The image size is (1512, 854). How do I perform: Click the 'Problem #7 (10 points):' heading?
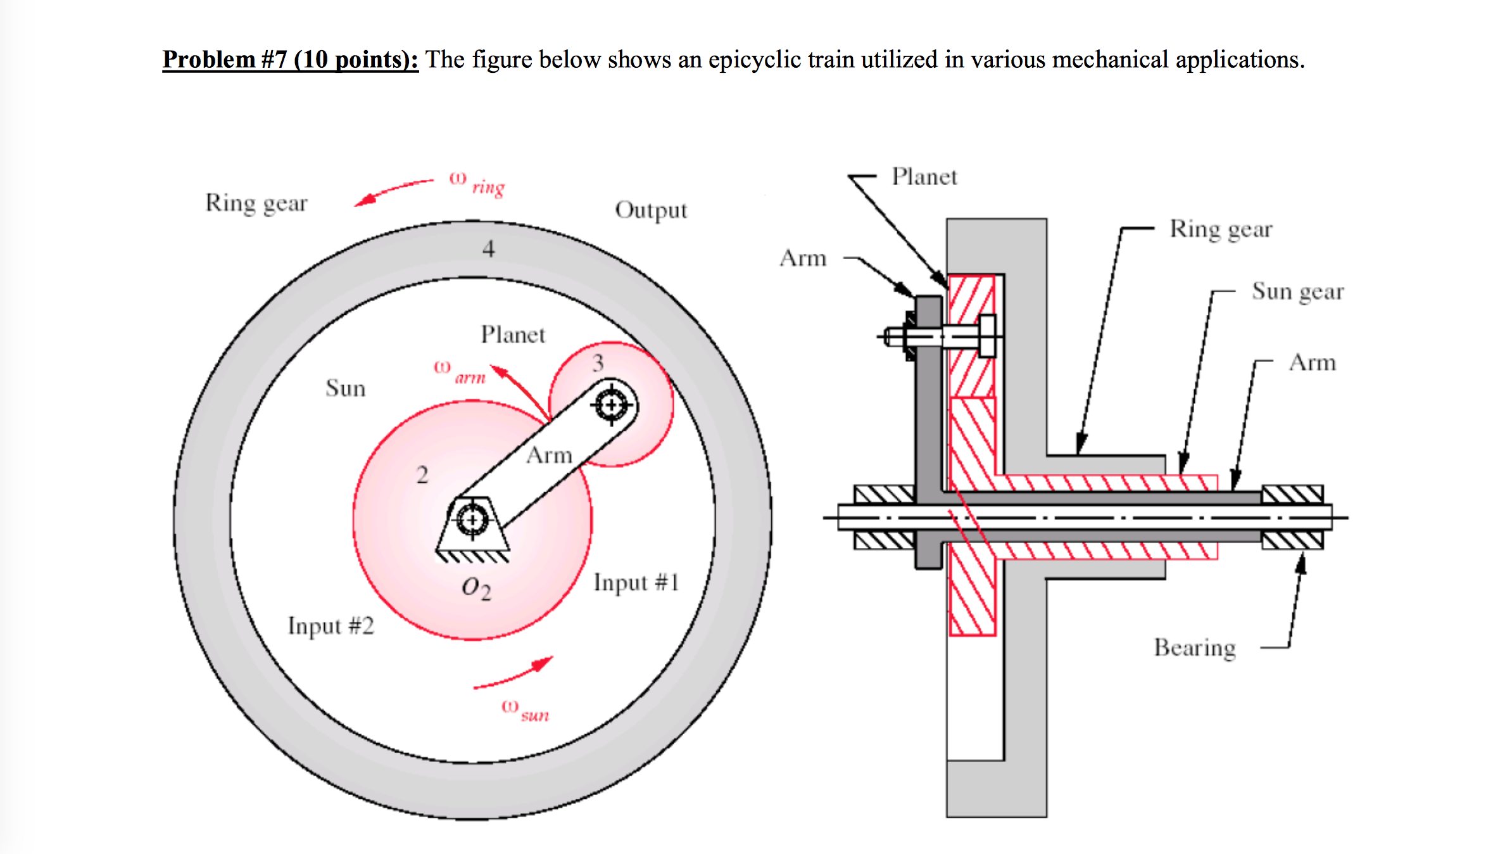(290, 60)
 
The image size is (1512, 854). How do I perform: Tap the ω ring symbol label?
(476, 184)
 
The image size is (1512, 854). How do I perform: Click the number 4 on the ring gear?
(488, 249)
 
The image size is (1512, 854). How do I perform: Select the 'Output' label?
(651, 210)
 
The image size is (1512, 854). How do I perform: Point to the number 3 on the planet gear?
(598, 363)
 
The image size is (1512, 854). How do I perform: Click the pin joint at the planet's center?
(612, 404)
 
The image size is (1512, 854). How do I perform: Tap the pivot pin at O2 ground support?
(472, 520)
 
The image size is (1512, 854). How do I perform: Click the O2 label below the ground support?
(476, 588)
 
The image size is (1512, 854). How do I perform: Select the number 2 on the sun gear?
(422, 475)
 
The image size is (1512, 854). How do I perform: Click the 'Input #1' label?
(636, 582)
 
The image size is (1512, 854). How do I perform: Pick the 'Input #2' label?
(331, 626)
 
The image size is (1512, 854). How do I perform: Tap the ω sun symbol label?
(525, 710)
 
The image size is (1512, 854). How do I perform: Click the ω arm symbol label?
(460, 372)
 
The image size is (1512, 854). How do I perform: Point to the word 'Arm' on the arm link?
(549, 455)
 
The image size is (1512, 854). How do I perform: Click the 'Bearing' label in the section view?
(1194, 647)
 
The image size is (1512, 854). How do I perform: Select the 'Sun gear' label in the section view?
(1297, 291)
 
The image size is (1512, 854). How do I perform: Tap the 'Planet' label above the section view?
(924, 177)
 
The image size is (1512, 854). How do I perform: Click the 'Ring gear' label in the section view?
(1221, 229)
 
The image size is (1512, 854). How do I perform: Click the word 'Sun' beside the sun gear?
(346, 388)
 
